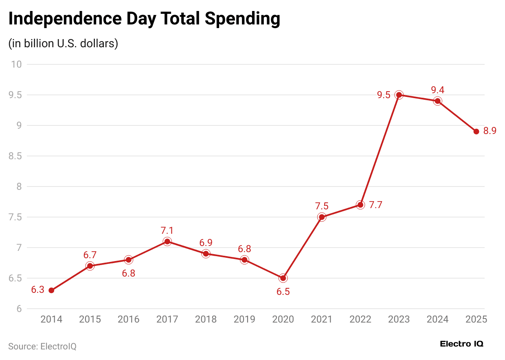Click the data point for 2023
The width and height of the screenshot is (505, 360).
point(399,95)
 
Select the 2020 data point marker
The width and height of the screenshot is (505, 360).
point(283,278)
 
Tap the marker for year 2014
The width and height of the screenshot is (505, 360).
point(51,290)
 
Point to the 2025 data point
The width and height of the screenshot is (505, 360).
point(476,132)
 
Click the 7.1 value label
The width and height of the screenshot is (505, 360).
point(167,230)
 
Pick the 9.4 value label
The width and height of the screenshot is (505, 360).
point(437,90)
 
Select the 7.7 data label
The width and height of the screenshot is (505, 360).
point(375,205)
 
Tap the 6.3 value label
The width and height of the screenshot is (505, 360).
point(37,290)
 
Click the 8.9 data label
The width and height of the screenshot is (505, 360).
point(490,131)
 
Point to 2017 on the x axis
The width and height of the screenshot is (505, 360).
point(167,319)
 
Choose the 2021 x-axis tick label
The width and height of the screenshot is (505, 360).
point(322,319)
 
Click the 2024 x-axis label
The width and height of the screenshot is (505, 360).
point(437,319)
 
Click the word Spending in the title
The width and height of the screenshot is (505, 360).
point(242,19)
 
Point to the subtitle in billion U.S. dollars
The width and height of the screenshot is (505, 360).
point(63,43)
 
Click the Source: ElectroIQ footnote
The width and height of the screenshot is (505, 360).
point(42,347)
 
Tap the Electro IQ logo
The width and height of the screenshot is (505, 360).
point(461,344)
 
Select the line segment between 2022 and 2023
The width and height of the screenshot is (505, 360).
point(380,150)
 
